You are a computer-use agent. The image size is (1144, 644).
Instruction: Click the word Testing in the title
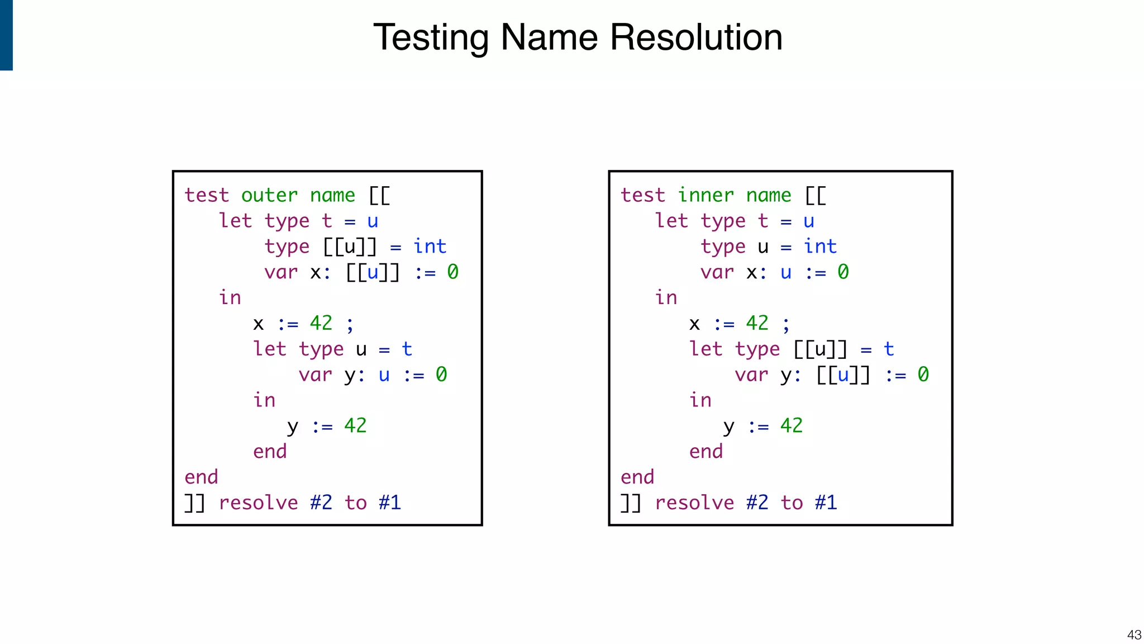431,38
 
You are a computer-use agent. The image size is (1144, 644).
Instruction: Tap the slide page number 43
1134,634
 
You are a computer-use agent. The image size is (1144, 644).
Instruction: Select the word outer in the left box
269,195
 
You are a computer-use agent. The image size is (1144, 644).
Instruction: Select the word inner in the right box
706,195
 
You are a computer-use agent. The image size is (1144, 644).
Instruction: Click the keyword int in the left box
430,247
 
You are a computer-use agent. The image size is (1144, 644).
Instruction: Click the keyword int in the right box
820,247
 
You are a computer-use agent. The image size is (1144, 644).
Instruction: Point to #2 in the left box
321,503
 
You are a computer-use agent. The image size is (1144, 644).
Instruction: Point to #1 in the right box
826,503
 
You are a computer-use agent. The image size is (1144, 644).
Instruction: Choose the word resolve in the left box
258,503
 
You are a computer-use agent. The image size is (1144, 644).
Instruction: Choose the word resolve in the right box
694,503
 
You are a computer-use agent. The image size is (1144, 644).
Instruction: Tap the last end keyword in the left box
201,477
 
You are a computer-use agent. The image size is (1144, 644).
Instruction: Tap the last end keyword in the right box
637,477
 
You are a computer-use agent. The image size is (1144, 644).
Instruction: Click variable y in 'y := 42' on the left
293,427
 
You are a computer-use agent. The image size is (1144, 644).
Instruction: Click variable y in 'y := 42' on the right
728,427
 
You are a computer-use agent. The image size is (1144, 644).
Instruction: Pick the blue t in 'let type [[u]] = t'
889,349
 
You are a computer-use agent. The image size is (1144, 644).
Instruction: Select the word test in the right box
643,195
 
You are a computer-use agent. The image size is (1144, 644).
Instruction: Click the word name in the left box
332,195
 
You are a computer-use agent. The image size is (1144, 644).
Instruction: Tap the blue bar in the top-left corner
6,35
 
